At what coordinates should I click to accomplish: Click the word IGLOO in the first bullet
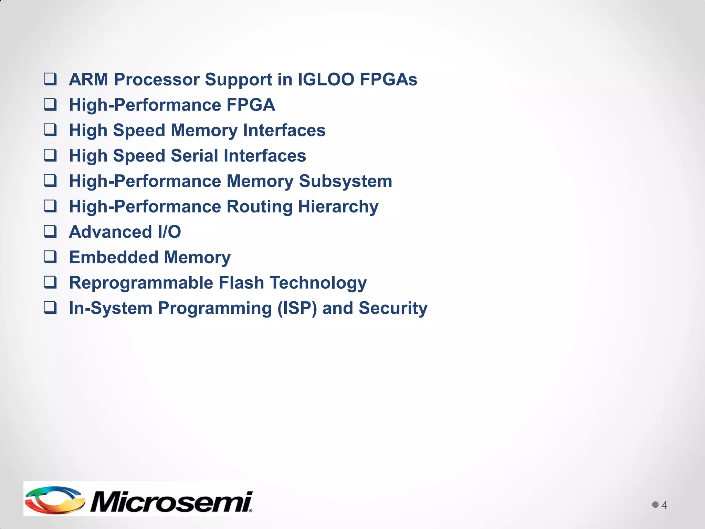[326, 80]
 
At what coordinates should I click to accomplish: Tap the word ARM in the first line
[88, 80]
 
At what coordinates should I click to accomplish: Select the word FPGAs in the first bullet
[388, 80]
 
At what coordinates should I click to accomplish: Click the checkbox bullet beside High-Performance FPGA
[50, 104]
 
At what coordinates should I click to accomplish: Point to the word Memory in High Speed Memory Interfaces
[204, 131]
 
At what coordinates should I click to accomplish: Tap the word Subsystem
[346, 181]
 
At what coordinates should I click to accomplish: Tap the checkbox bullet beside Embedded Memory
[50, 257]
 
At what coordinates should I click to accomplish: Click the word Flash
[241, 283]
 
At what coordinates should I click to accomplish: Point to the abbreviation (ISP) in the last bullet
[297, 308]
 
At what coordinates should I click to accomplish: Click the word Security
[393, 308]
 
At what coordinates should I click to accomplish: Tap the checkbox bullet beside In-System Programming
[50, 308]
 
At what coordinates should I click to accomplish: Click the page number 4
[664, 505]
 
